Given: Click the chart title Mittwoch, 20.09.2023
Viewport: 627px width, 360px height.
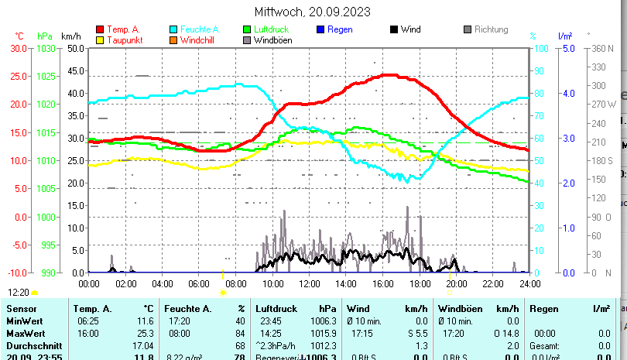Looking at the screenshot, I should tap(313, 12).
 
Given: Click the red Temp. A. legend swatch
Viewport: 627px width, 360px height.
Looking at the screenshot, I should tap(100, 30).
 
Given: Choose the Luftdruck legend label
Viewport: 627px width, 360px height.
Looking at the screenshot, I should tap(270, 29).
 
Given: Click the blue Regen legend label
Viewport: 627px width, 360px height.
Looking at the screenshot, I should tap(340, 29).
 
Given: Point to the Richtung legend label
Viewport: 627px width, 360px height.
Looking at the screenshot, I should tap(491, 29).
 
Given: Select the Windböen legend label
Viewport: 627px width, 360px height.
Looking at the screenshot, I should tap(272, 40).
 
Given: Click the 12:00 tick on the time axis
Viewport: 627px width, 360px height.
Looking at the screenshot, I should tap(310, 283).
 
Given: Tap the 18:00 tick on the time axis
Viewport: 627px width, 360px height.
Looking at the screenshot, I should tap(420, 283).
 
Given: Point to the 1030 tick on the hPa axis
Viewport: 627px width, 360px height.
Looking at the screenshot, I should tap(46, 48).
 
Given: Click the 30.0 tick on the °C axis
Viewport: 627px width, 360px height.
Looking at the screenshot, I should tap(18, 48).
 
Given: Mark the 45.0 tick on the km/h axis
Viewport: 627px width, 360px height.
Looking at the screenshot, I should tap(75, 70).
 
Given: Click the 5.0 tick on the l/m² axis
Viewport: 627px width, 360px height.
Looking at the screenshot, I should tap(567, 48).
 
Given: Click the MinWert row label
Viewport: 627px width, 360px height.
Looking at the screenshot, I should tap(24, 321).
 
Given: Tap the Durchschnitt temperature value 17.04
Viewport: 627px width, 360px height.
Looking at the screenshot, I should tap(143, 345).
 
